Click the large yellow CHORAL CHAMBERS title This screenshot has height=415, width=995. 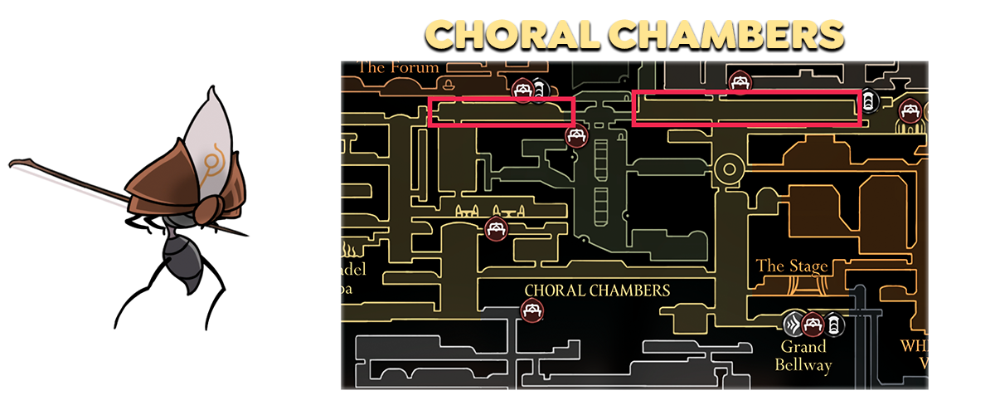tap(634, 34)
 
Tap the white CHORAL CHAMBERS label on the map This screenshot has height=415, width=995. tap(597, 290)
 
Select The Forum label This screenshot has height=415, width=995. tap(398, 67)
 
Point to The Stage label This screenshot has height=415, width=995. tap(792, 266)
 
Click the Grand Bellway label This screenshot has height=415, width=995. tap(803, 355)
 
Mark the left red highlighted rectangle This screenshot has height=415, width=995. tap(501, 112)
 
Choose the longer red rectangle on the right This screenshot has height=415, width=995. tap(745, 109)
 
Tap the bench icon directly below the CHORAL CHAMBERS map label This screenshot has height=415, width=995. tap(531, 311)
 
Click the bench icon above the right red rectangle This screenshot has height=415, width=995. tap(739, 81)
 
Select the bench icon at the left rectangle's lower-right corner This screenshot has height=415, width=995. tap(576, 135)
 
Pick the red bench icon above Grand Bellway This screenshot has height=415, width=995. tap(813, 323)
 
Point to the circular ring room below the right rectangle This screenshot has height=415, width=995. tap(730, 168)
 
